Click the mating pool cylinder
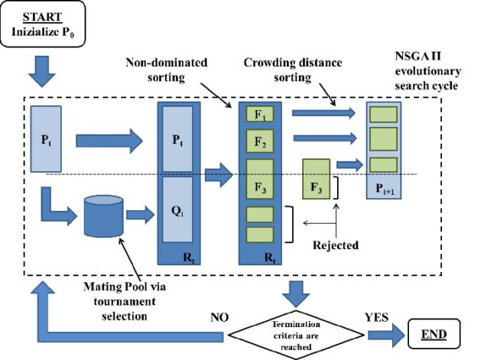(x=102, y=216)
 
